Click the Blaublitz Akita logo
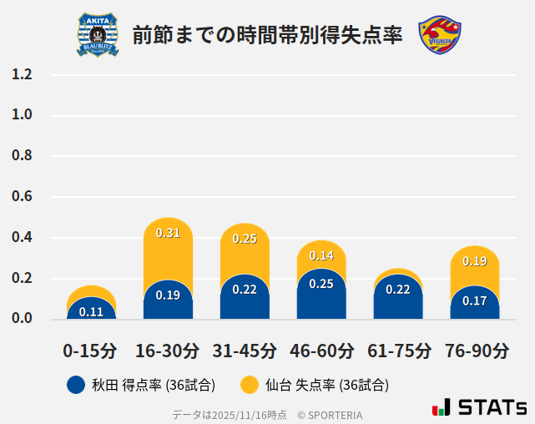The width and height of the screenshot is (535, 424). (x=98, y=34)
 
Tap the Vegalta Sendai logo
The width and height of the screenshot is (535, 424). (x=439, y=34)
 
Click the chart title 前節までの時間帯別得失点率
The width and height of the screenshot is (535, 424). (x=267, y=35)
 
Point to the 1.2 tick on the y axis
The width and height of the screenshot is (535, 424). (x=22, y=74)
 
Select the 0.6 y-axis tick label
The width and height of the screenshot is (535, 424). (x=22, y=197)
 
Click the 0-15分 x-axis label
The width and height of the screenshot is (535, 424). (x=91, y=351)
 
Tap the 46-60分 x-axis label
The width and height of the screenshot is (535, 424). (x=321, y=351)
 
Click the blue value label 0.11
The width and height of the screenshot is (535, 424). (x=91, y=312)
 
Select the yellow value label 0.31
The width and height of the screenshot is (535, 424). (x=168, y=234)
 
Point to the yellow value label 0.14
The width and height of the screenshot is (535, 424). (x=321, y=255)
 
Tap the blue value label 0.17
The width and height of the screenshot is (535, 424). (x=475, y=300)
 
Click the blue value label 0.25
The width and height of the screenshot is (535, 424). (x=321, y=284)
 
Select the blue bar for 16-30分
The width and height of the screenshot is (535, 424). (x=168, y=300)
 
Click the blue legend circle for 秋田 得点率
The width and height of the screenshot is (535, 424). (x=76, y=385)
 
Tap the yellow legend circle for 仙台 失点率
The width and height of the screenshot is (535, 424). (x=249, y=385)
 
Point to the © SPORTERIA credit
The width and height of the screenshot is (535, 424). (x=330, y=414)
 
